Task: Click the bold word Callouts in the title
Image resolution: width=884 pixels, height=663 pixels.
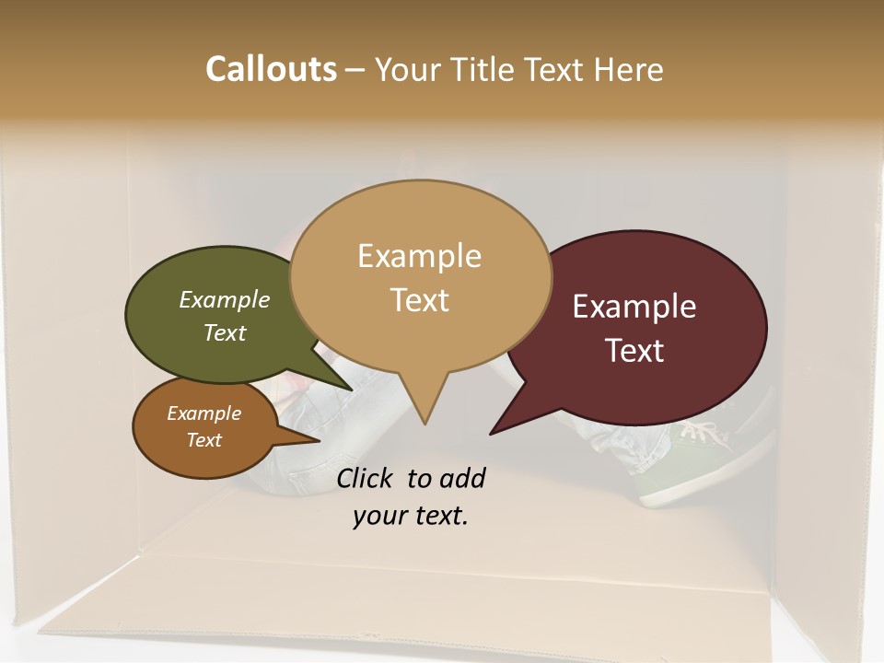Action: click(x=271, y=69)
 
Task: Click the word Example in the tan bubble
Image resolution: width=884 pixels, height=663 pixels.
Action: click(x=419, y=255)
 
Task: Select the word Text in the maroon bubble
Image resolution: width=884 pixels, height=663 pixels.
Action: click(x=634, y=351)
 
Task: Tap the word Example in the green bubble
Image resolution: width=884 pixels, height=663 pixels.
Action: click(x=225, y=299)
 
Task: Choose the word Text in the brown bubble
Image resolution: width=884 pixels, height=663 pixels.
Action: click(x=204, y=440)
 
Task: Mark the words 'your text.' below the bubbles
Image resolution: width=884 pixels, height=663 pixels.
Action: click(x=411, y=516)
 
